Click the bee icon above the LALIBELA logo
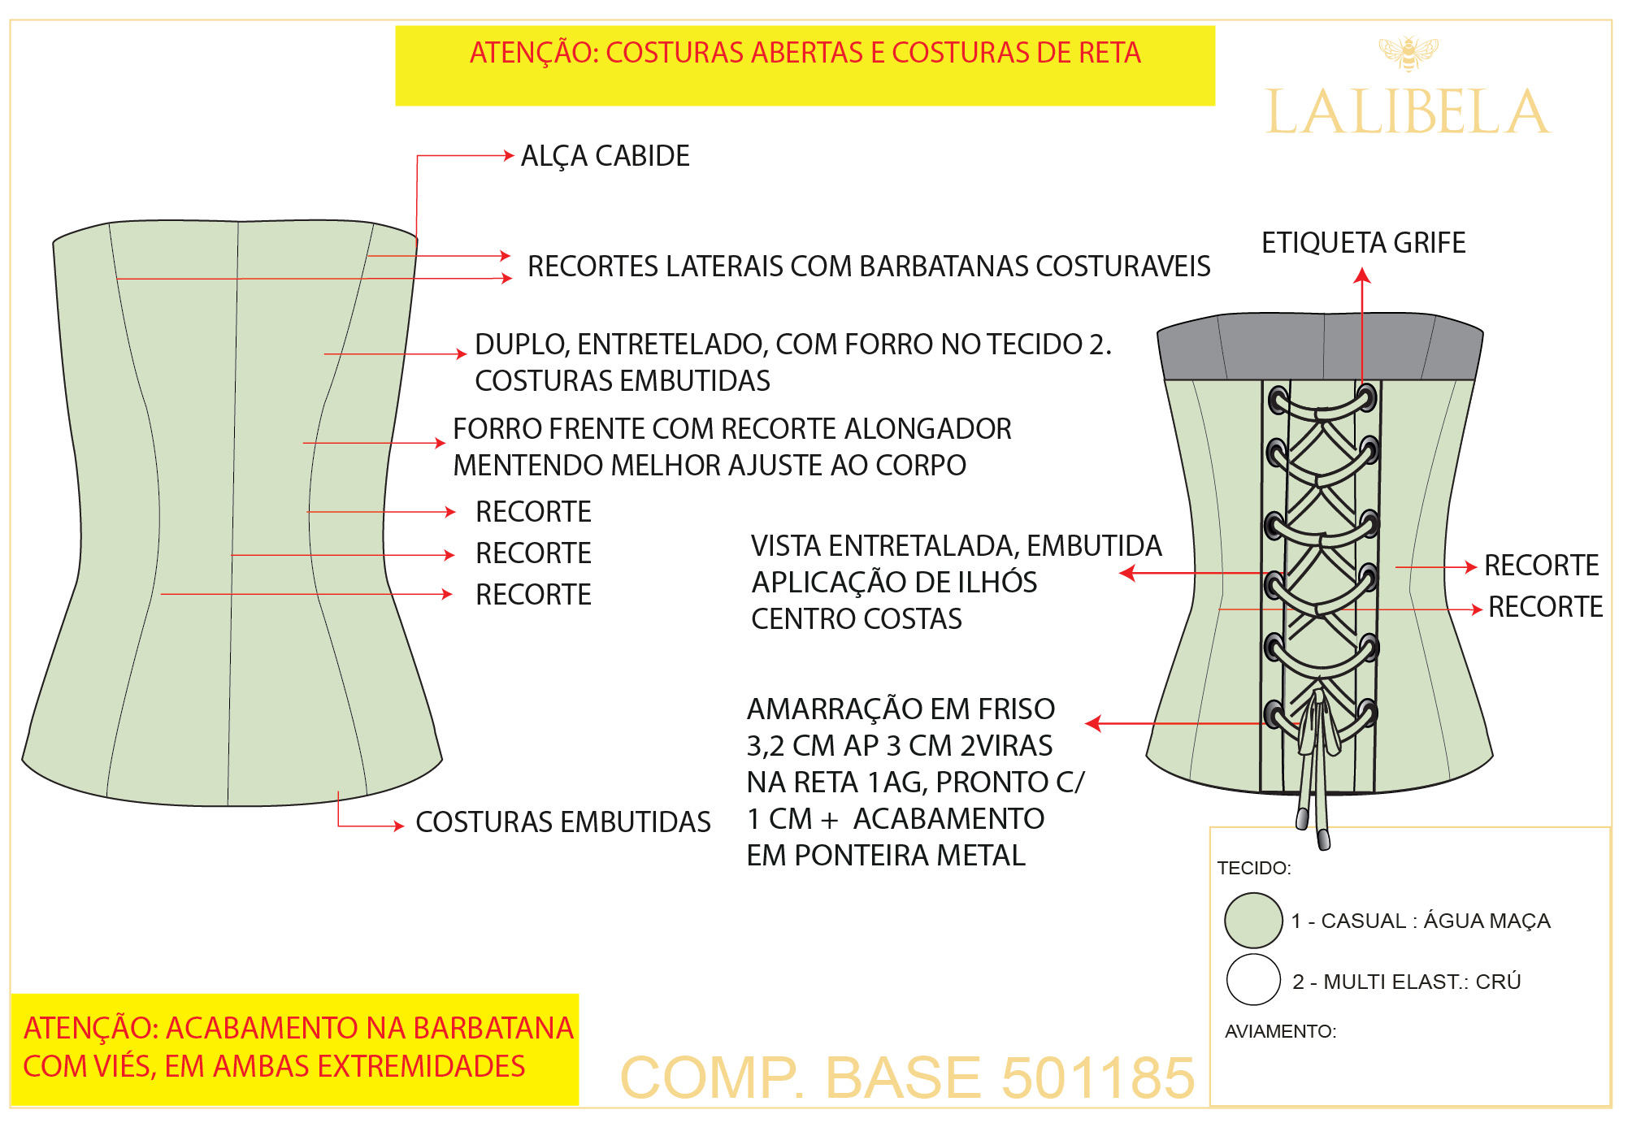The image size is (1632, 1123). point(1408,52)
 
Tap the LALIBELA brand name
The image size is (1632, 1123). point(1407,113)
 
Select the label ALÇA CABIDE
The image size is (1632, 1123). point(605,156)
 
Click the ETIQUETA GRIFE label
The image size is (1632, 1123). point(1363,243)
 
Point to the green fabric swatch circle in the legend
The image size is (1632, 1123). point(1252,920)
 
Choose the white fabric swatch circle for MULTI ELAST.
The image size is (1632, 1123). point(1252,980)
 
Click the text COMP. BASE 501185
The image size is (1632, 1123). point(906,1077)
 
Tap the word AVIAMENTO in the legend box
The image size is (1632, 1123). point(1279,1031)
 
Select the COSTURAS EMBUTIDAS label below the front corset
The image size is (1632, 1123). point(562,822)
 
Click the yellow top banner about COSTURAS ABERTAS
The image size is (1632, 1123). point(805,65)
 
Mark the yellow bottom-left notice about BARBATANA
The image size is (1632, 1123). point(294,1048)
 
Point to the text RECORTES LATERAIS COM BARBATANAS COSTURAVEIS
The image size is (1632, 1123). point(868,267)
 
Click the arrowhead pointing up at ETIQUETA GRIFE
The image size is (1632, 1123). point(1362,276)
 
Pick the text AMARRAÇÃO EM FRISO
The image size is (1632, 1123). point(900,709)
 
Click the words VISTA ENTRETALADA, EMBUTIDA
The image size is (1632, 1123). point(956,546)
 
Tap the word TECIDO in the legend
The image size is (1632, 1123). point(1252,868)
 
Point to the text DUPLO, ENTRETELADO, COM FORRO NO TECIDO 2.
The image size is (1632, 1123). point(792,345)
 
